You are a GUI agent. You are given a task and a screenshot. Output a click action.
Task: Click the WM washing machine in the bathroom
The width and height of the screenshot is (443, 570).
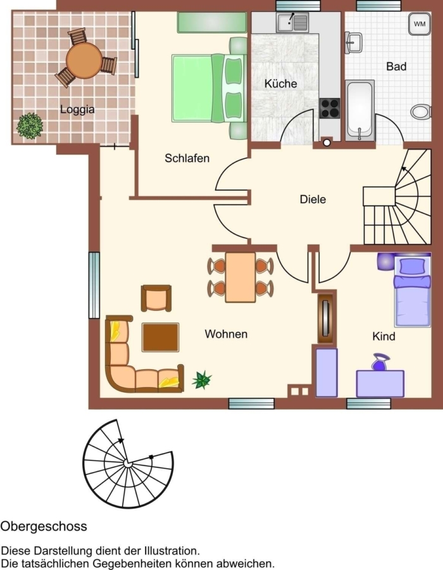coord(420,24)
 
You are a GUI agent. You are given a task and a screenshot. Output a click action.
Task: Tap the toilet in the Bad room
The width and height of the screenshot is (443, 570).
coord(421,111)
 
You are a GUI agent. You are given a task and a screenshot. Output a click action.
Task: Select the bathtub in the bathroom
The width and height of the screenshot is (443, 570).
coord(360,110)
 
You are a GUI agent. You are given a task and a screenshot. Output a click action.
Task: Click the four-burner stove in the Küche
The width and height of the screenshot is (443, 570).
coord(330,108)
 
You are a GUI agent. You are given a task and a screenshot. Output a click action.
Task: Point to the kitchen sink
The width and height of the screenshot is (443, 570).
coord(292,23)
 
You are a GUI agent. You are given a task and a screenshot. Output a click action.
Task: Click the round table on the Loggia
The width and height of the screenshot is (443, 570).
coord(84,60)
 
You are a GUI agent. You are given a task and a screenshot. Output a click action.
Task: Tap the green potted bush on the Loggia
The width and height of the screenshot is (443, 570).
coord(29,126)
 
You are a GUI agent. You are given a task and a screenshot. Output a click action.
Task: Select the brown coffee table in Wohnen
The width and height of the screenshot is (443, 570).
coord(160,338)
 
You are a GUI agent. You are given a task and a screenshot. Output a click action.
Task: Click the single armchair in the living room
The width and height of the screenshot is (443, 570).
coord(156,298)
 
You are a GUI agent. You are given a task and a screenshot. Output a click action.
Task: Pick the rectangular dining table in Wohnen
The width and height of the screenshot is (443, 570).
coord(240,277)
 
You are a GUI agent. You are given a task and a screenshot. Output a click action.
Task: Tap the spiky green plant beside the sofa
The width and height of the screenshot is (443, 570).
coord(201,380)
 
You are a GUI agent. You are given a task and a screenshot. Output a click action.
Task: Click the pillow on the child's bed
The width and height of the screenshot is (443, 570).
coord(412,266)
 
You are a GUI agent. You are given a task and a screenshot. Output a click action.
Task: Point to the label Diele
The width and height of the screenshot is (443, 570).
coord(313,199)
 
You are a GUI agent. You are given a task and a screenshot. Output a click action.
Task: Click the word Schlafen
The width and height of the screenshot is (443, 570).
coord(187,158)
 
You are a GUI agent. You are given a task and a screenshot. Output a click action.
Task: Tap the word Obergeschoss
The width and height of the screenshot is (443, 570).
coord(44,526)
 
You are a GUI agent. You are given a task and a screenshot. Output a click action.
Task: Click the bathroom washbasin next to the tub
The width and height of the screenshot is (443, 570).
coord(353,41)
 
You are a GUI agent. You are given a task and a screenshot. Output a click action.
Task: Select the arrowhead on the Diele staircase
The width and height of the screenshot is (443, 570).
coord(403,168)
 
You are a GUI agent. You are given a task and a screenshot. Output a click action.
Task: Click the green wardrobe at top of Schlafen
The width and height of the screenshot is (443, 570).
coord(212,23)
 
